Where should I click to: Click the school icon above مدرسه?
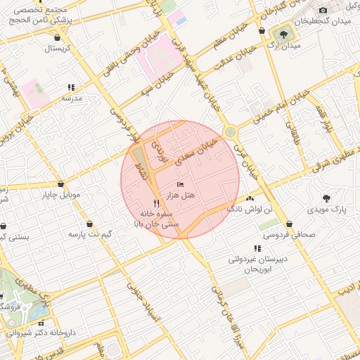click(71, 88)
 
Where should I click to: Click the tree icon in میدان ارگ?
click(285, 34)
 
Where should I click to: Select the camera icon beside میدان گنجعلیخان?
click(323, 10)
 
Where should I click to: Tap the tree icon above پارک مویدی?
click(326, 198)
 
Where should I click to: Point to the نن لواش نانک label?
click(243, 210)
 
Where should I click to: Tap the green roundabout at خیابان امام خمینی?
click(229, 132)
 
